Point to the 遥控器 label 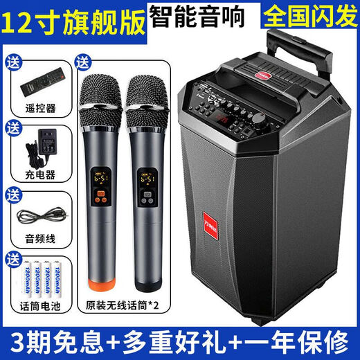[x=38, y=108]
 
